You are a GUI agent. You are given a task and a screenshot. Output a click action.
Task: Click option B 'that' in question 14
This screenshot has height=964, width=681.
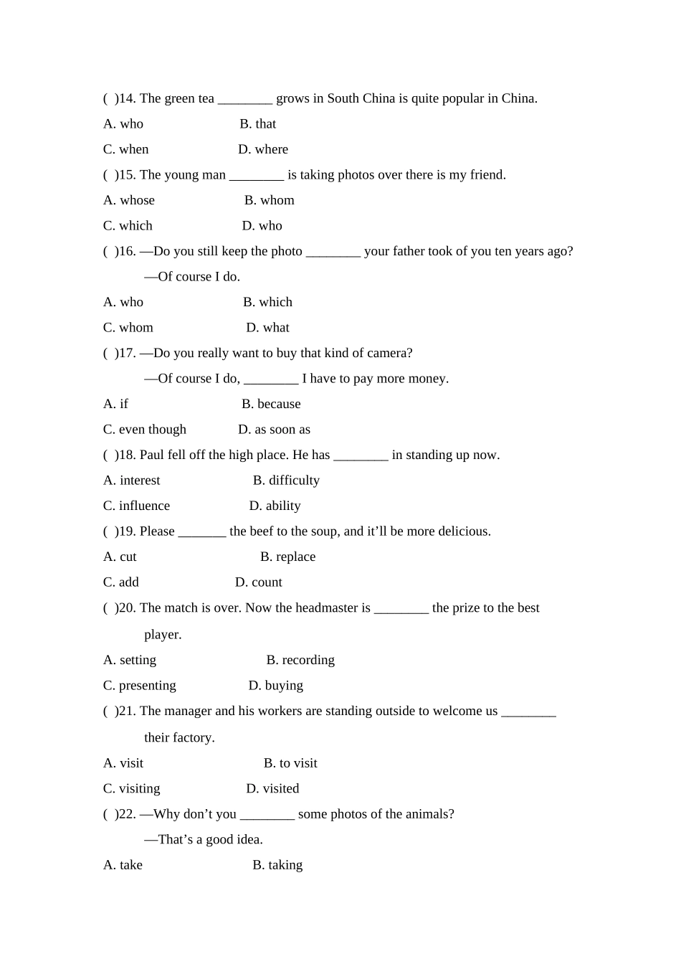258,124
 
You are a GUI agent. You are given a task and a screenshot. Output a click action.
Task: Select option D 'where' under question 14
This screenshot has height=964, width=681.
263,149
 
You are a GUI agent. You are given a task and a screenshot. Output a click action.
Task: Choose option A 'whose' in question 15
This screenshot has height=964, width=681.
129,200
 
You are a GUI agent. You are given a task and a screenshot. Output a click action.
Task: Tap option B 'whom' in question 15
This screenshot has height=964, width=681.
269,200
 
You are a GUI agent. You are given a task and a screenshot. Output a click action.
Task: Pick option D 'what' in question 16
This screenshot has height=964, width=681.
267,328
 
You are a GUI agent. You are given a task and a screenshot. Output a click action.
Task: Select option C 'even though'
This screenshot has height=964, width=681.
145,430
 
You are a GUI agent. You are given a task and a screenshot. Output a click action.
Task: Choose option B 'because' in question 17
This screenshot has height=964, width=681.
271,404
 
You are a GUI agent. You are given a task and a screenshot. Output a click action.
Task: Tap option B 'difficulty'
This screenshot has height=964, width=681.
286,481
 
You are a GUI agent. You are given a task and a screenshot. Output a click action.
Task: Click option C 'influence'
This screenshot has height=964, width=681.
137,506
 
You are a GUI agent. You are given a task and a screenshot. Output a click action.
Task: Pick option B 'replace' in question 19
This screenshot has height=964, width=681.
287,557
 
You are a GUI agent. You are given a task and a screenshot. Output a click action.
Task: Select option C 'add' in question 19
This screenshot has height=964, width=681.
121,582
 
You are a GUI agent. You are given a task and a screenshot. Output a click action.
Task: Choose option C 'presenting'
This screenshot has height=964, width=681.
140,686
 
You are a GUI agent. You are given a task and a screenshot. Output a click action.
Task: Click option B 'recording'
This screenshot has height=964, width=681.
300,660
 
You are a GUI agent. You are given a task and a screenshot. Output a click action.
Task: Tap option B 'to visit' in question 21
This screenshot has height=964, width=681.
290,763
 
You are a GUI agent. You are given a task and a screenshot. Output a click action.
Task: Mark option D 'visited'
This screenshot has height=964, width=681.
272,789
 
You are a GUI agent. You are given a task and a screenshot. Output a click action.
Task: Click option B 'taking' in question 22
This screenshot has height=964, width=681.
277,865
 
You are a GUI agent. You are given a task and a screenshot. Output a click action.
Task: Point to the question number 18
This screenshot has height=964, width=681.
127,455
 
